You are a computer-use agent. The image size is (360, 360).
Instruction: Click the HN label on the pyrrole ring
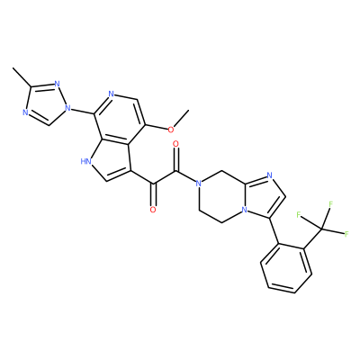click(x=85, y=162)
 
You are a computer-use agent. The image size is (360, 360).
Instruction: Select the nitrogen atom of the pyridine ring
click(x=112, y=94)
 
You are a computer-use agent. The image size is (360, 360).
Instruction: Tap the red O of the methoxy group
click(x=171, y=130)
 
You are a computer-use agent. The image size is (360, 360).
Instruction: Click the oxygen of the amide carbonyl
click(x=176, y=145)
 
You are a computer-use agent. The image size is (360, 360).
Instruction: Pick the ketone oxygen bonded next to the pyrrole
click(x=153, y=209)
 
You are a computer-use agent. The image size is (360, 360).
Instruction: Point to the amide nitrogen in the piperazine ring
click(x=198, y=183)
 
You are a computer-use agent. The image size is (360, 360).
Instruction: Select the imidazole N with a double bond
click(x=269, y=175)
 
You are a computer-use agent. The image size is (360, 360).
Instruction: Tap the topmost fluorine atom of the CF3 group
click(x=331, y=204)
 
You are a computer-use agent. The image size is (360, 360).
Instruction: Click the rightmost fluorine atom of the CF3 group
click(x=346, y=233)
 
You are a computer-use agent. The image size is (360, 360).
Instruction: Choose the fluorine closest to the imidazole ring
click(x=299, y=214)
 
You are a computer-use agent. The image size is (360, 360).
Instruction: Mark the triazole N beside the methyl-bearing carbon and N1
click(x=57, y=83)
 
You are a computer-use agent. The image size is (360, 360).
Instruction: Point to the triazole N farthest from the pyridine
click(x=26, y=112)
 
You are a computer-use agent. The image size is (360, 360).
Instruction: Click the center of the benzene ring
click(x=286, y=267)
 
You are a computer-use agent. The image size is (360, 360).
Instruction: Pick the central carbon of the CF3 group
click(x=321, y=229)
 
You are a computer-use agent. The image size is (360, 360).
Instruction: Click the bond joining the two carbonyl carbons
click(x=165, y=178)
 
